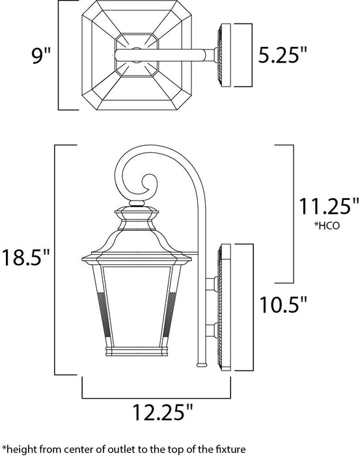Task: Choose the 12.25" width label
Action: click(156, 412)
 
